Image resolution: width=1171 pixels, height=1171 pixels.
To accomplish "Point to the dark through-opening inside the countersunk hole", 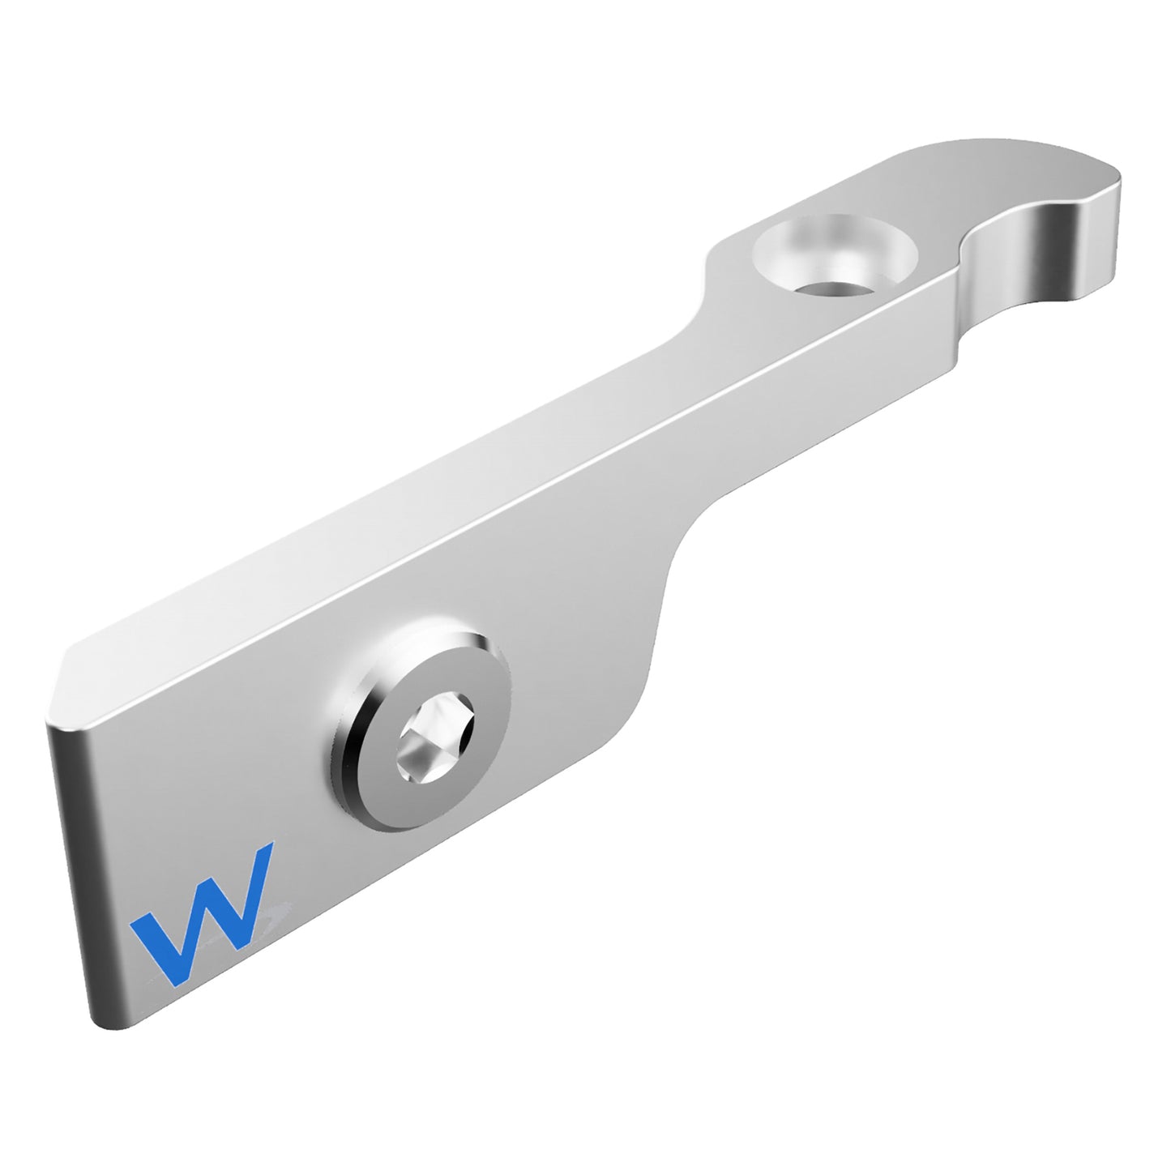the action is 836,288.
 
